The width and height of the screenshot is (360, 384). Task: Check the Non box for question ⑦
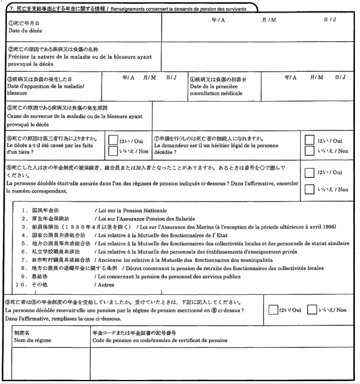[310, 151]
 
